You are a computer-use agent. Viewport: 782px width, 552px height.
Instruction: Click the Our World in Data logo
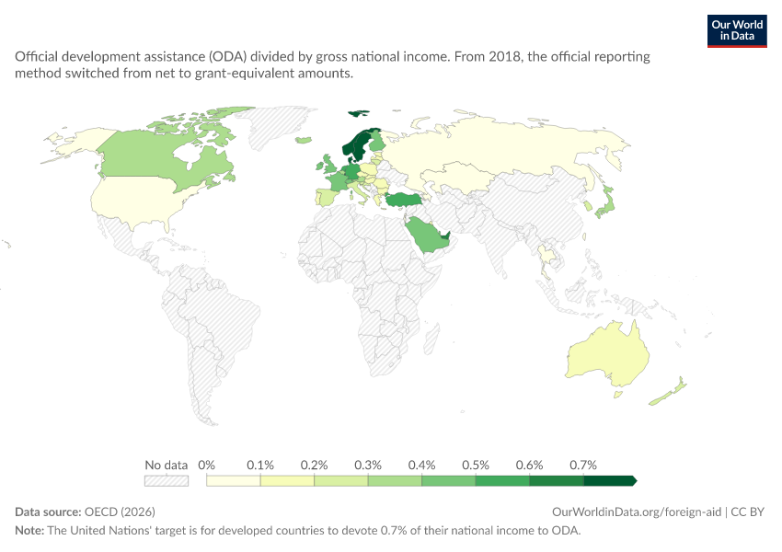(737, 31)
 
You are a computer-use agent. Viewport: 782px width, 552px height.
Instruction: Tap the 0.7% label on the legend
(583, 466)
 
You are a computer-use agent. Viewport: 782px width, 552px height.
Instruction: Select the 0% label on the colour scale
(206, 466)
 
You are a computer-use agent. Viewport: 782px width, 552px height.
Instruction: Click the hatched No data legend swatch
(167, 480)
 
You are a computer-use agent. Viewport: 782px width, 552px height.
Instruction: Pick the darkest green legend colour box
(610, 480)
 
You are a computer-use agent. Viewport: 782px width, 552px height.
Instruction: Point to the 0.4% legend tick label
(421, 466)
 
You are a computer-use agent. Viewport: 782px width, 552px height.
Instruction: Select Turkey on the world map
(404, 200)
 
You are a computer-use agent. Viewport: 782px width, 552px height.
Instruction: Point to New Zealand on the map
(668, 393)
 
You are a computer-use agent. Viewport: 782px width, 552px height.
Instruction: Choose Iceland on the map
(304, 140)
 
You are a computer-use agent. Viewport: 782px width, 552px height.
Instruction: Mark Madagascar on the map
(431, 339)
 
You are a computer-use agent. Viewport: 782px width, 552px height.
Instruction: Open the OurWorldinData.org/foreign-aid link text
(637, 512)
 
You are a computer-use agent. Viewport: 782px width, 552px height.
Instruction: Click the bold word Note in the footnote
(29, 531)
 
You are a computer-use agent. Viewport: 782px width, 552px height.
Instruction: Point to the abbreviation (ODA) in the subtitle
(228, 56)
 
